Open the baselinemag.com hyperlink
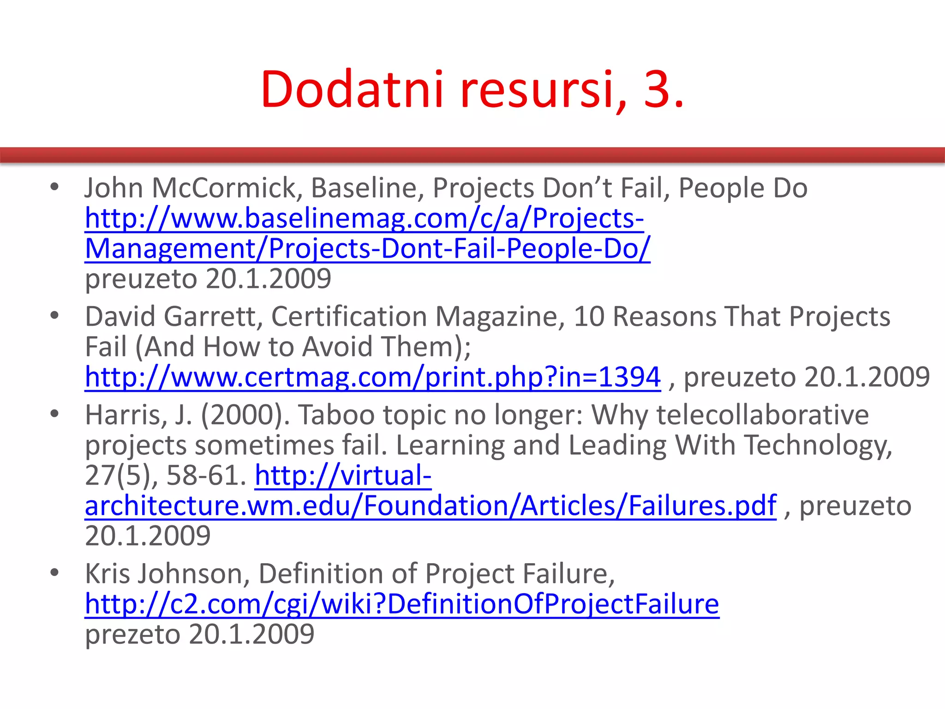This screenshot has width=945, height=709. [x=364, y=218]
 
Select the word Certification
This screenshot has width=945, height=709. [x=349, y=317]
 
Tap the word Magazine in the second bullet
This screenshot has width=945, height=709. [x=500, y=317]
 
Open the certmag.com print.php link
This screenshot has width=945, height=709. [x=372, y=377]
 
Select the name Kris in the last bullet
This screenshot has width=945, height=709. [x=108, y=574]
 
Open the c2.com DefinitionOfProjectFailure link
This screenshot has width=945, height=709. [x=401, y=604]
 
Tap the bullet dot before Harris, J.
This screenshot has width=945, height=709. [x=55, y=414]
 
